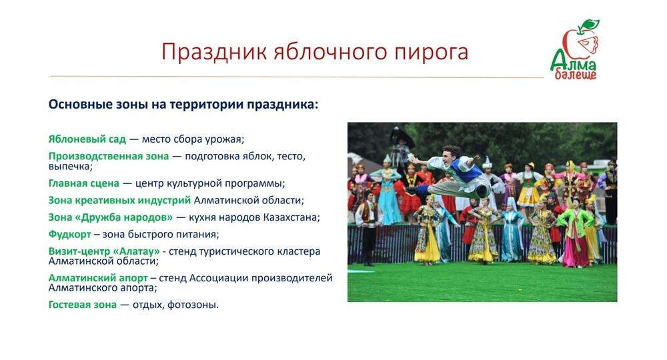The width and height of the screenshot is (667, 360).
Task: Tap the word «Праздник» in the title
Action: point(213,52)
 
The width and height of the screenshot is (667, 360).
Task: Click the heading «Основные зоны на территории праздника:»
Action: point(183,105)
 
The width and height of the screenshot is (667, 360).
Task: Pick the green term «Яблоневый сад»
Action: point(87,139)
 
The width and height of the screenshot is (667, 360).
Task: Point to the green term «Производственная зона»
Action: point(108,156)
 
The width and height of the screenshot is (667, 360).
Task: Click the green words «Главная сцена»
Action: point(84,183)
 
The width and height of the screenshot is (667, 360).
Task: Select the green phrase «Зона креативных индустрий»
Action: point(119,200)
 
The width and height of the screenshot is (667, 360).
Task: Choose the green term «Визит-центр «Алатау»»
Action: point(104,251)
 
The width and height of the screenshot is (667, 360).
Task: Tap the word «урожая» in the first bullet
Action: point(226,139)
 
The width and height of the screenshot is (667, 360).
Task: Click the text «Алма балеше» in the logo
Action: point(574,69)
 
